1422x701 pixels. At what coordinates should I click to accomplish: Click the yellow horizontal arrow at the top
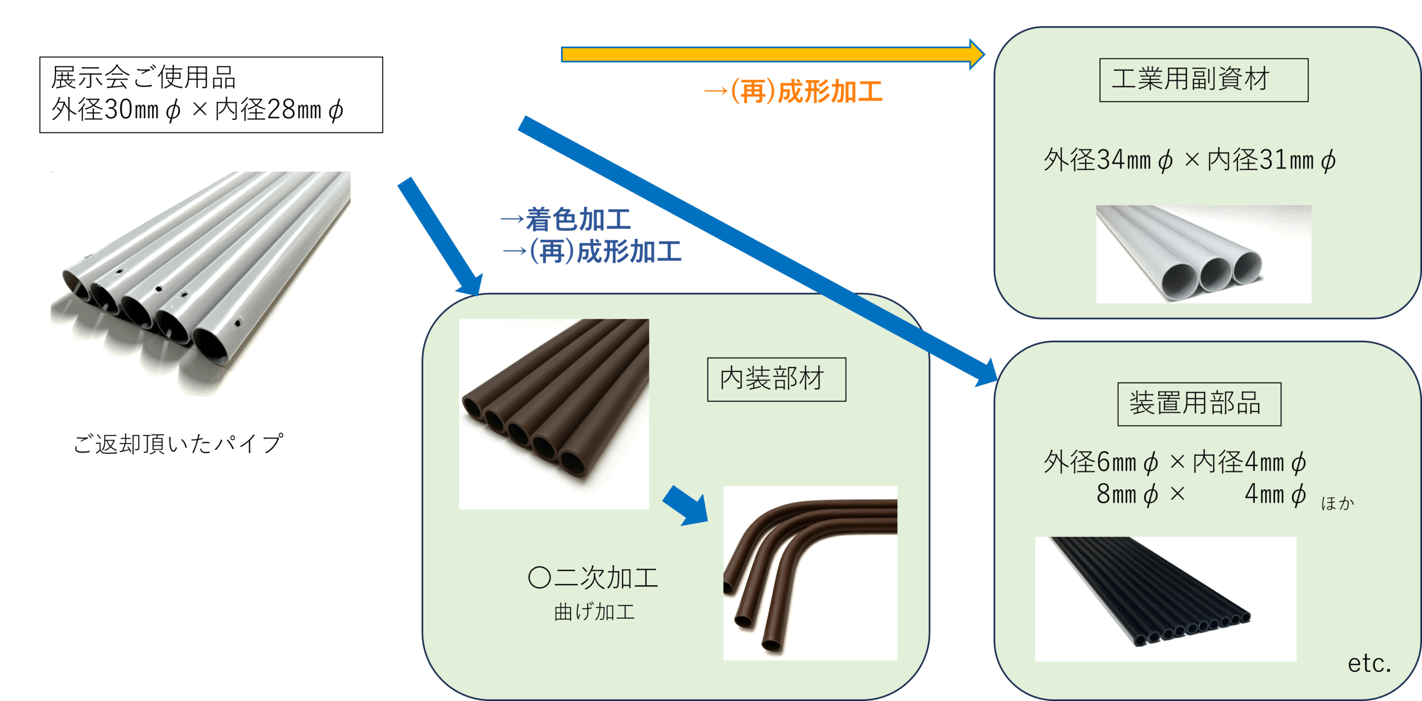pyautogui.click(x=767, y=54)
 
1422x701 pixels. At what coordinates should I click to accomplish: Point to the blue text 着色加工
pyautogui.click(x=578, y=220)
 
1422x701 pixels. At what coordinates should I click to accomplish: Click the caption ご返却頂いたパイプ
pyautogui.click(x=178, y=444)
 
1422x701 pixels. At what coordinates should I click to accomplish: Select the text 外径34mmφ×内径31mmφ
pyautogui.click(x=1189, y=160)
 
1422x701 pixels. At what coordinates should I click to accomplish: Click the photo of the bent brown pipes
pyautogui.click(x=810, y=573)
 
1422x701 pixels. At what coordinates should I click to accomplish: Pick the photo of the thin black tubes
pyautogui.click(x=1165, y=598)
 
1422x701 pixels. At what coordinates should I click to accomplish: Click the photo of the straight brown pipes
pyautogui.click(x=553, y=414)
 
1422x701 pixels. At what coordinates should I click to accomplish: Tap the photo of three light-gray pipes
pyautogui.click(x=1203, y=254)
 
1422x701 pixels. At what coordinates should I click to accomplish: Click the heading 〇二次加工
pyautogui.click(x=593, y=578)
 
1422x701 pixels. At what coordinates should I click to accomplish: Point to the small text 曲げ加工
pyautogui.click(x=594, y=612)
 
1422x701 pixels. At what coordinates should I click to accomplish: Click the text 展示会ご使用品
pyautogui.click(x=143, y=77)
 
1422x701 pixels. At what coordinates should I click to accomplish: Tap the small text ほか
pyautogui.click(x=1338, y=503)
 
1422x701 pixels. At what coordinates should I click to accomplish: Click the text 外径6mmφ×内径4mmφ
pyautogui.click(x=1174, y=462)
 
